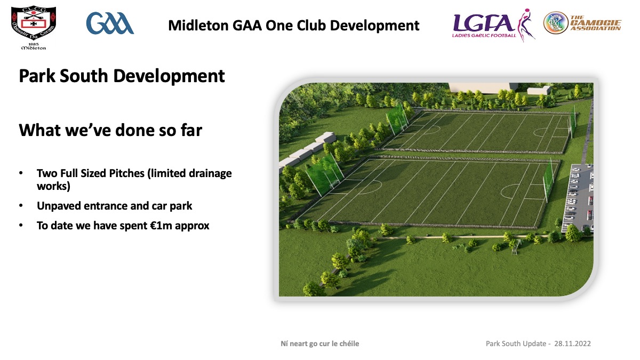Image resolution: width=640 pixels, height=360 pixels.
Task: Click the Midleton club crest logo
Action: click(x=34, y=28)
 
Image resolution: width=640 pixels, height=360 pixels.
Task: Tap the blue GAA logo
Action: click(x=110, y=23)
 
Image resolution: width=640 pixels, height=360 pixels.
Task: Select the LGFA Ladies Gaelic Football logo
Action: click(x=493, y=25)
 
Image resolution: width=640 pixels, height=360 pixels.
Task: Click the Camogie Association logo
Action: click(x=582, y=23)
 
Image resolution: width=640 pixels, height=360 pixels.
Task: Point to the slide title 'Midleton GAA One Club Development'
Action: click(x=294, y=26)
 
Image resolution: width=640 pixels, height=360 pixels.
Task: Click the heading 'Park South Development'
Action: click(x=122, y=76)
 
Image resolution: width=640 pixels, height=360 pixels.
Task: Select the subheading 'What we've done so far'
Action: click(x=110, y=130)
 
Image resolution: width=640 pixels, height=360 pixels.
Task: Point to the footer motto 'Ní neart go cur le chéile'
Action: click(x=319, y=343)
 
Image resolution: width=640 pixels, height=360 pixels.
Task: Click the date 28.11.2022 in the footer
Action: click(x=573, y=343)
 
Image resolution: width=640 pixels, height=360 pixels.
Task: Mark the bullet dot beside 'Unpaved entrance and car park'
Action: click(x=21, y=206)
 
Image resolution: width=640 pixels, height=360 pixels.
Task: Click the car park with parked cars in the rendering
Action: click(x=578, y=198)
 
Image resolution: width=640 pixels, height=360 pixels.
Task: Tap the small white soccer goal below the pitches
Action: click(x=515, y=248)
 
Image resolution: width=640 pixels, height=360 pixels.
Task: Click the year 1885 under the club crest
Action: click(x=34, y=44)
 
